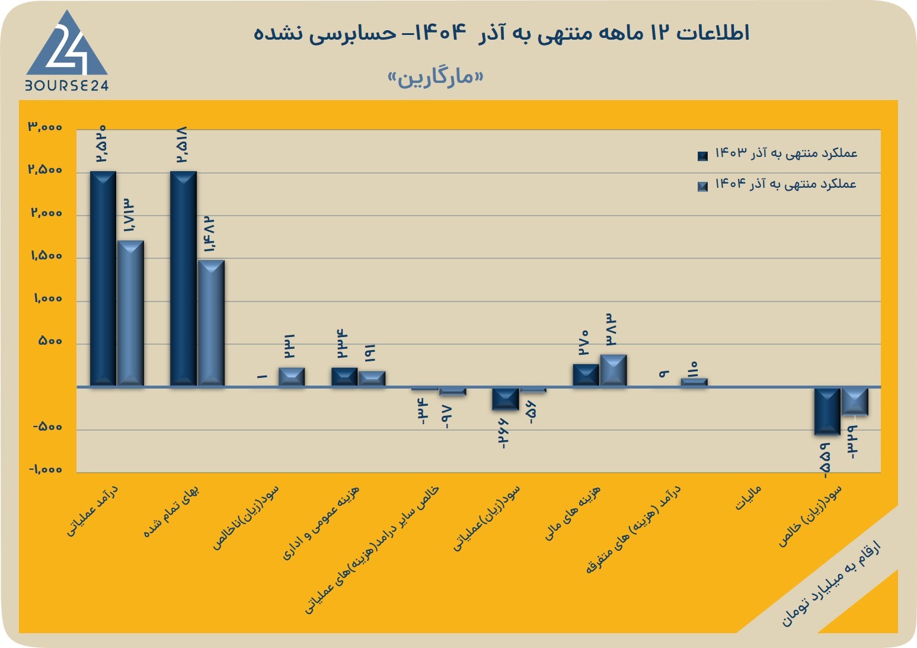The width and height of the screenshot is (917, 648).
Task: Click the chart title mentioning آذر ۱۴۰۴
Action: [501, 33]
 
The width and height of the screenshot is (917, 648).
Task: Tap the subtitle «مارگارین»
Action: [436, 77]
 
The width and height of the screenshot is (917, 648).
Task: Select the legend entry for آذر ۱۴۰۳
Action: [777, 154]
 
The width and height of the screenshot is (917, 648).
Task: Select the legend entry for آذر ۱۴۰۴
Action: [777, 184]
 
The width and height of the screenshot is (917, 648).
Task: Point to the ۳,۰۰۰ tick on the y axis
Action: [45, 127]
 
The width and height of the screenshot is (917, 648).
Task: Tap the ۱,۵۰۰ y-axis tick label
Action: [47, 256]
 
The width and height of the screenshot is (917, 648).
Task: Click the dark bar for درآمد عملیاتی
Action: [103, 278]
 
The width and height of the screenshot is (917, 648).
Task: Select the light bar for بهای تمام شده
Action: [211, 323]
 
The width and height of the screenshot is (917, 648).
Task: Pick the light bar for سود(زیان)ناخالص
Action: [292, 377]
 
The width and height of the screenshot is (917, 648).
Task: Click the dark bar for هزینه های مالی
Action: [586, 375]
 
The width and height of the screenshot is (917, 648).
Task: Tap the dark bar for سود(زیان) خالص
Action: [827, 411]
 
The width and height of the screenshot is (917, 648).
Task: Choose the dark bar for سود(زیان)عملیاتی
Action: [506, 399]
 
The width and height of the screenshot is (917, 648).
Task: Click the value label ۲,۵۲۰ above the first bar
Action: [101, 143]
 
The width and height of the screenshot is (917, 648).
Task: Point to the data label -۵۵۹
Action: [825, 461]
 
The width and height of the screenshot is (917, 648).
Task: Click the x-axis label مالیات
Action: [748, 498]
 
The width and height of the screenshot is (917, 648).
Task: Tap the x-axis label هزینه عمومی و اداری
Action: [321, 523]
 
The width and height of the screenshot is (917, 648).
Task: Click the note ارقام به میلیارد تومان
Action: [831, 588]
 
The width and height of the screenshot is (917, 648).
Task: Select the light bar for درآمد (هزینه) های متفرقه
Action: [694, 382]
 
